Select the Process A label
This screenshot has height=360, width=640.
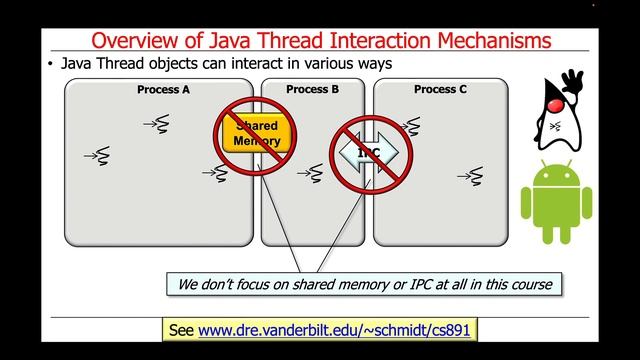(x=163, y=90)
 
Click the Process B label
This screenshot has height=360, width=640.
(x=312, y=90)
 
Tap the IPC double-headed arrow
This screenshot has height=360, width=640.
(x=369, y=152)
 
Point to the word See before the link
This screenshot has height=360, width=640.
(x=181, y=329)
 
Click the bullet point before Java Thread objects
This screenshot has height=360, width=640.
(x=50, y=64)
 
